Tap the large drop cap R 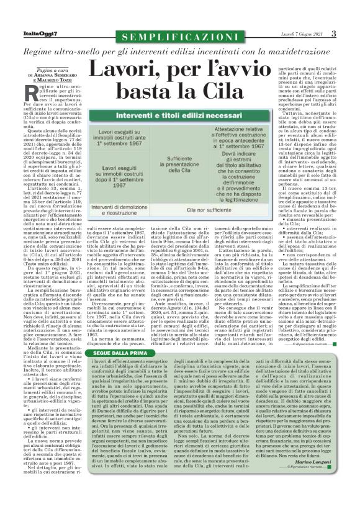20,93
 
